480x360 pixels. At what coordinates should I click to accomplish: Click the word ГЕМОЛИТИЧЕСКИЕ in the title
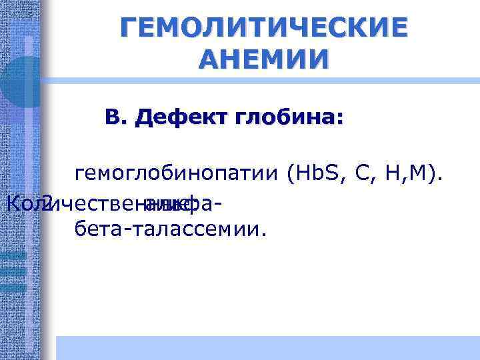tap(263, 28)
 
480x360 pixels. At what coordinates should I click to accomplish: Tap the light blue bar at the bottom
tap(267, 347)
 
